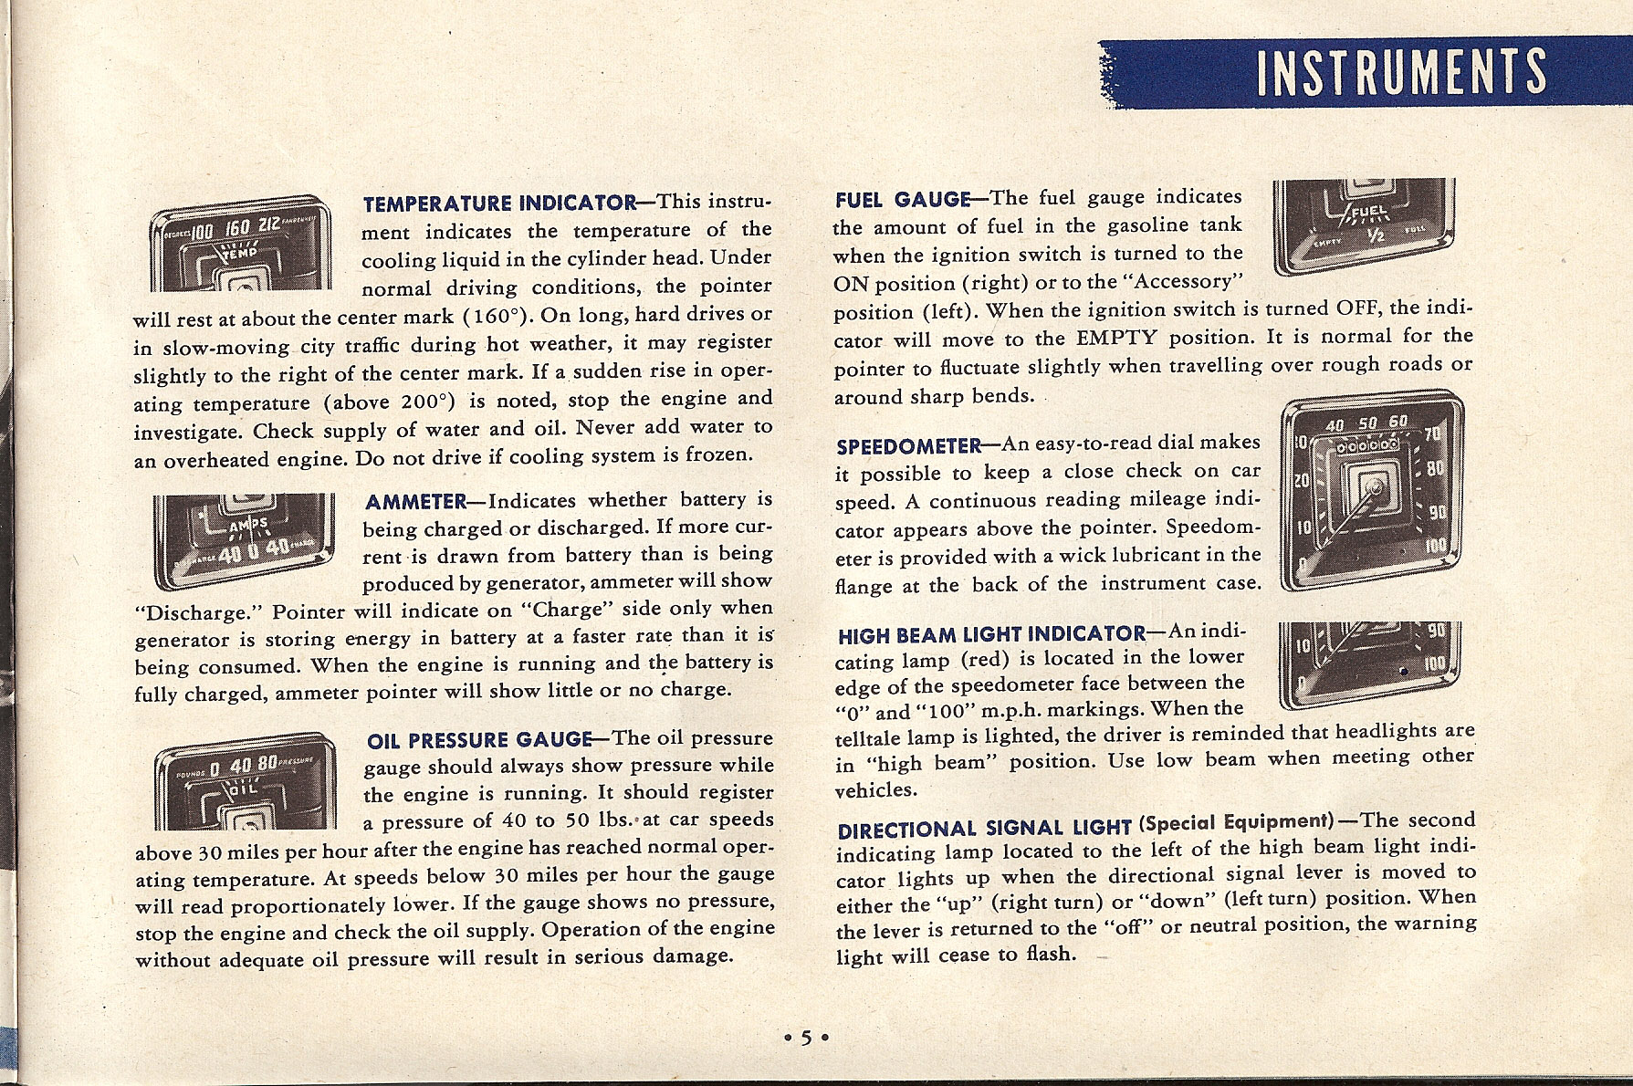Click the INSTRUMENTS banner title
click(x=1401, y=72)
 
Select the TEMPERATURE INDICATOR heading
click(x=499, y=203)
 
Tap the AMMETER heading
click(x=415, y=502)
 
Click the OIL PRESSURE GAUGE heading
click(x=478, y=739)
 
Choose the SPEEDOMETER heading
click(x=908, y=447)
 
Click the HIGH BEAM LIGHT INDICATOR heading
click(x=991, y=634)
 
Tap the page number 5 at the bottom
click(x=806, y=1038)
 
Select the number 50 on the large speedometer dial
click(x=1366, y=423)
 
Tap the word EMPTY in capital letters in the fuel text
click(x=1116, y=339)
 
